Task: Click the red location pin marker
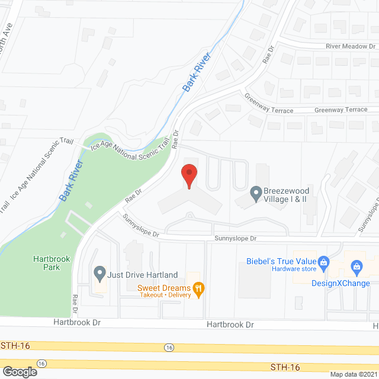pos(188,175)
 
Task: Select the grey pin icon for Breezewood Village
pos(256,192)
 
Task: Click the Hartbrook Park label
pos(47,262)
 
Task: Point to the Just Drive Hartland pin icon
pos(99,274)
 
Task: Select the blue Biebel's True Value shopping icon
pos(323,261)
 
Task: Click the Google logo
pos(19,372)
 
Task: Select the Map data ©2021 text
pos(353,374)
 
